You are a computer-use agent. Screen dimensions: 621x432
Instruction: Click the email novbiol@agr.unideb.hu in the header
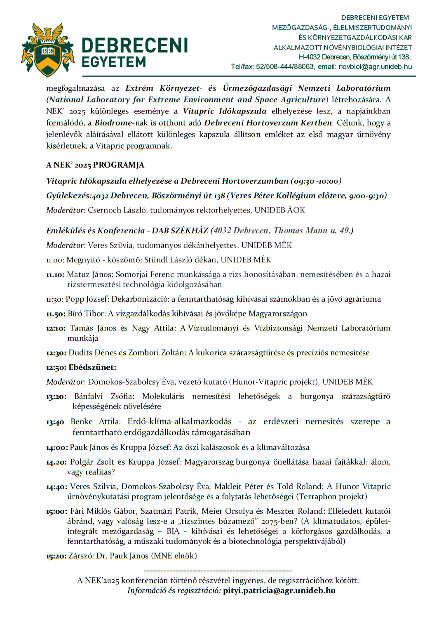pyautogui.click(x=375, y=67)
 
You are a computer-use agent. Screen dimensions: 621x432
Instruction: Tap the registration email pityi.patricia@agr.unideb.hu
pyautogui.click(x=279, y=590)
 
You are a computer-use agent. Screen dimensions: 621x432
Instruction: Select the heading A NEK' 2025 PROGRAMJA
pyautogui.click(x=95, y=165)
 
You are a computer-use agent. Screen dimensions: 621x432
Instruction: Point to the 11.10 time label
pyautogui.click(x=55, y=275)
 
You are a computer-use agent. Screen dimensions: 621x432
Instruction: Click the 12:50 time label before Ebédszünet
pyautogui.click(x=56, y=368)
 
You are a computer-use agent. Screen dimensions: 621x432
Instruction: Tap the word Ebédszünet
pyautogui.click(x=92, y=367)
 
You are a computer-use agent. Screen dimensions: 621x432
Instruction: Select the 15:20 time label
pyautogui.click(x=56, y=556)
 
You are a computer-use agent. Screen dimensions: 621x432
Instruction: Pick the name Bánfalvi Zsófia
pyautogui.click(x=104, y=397)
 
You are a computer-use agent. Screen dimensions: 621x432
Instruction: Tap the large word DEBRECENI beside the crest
pyautogui.click(x=134, y=45)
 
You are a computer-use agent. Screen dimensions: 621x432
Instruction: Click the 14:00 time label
pyautogui.click(x=57, y=448)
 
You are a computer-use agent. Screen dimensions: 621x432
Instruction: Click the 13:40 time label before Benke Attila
pyautogui.click(x=55, y=422)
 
